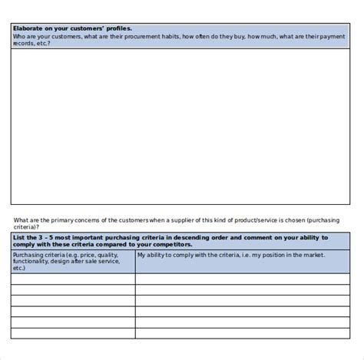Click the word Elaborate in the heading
click(x=26, y=28)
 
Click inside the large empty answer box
click(x=181, y=127)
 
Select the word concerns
click(x=90, y=220)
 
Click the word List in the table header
click(x=19, y=238)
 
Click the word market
click(x=313, y=254)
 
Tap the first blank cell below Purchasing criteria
click(x=73, y=279)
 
